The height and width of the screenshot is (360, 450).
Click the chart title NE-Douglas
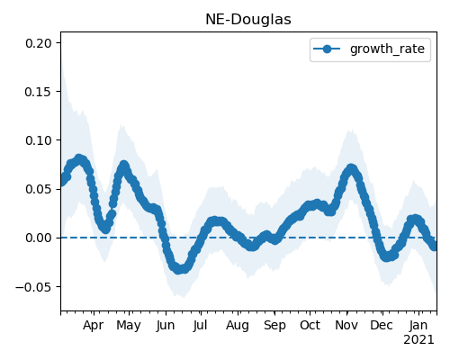[x=248, y=20]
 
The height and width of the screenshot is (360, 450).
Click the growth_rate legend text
[x=387, y=49]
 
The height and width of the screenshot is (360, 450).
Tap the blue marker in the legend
[x=327, y=49]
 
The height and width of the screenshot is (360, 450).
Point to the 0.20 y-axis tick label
[x=39, y=43]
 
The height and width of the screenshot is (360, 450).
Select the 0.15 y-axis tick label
[x=39, y=92]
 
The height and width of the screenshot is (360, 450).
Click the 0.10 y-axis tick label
[x=39, y=140]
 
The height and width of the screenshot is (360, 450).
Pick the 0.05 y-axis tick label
[x=39, y=189]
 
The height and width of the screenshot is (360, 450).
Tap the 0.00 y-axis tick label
[x=39, y=238]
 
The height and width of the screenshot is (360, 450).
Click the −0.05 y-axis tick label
[x=34, y=287]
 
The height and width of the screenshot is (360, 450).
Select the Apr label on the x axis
[x=94, y=325]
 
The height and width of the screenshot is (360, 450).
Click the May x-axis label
[x=129, y=325]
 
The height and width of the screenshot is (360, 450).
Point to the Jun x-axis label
[x=166, y=325]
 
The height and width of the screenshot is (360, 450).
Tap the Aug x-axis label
[x=238, y=325]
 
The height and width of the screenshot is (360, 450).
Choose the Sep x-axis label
[x=274, y=325]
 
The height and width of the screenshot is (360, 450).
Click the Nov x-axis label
[x=346, y=325]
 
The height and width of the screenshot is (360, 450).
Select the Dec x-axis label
[x=382, y=325]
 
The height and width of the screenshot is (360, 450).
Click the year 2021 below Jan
[x=418, y=340]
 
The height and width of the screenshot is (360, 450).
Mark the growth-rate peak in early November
[x=351, y=169]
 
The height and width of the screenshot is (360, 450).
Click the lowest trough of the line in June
[x=179, y=269]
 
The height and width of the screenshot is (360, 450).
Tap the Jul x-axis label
[x=200, y=325]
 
